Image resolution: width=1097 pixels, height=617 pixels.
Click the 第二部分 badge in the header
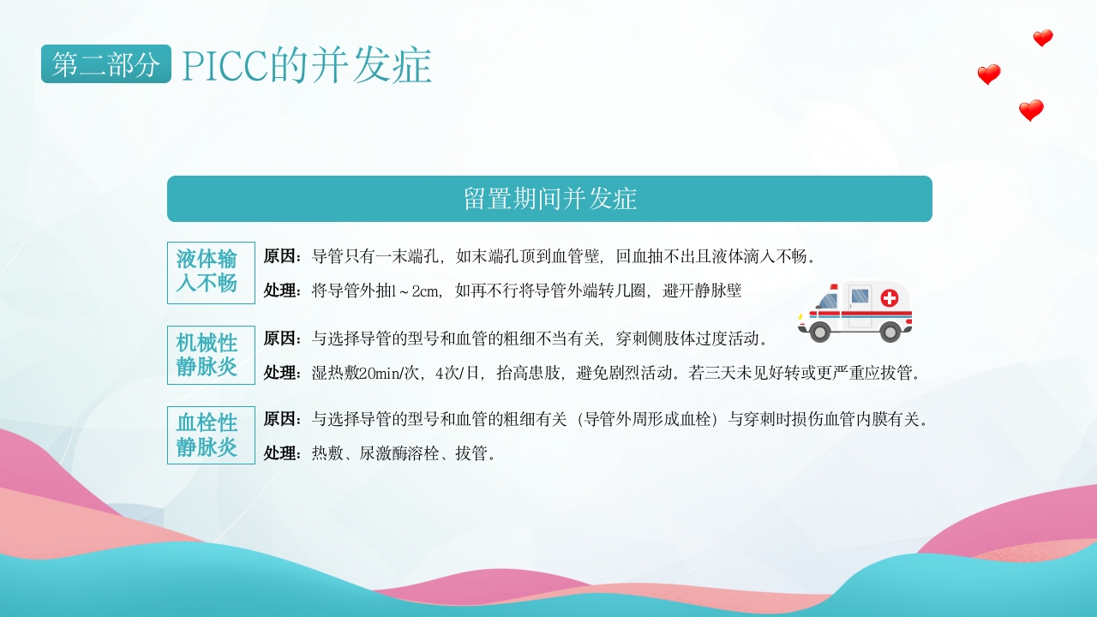point(105,64)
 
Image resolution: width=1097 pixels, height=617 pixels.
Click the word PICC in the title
point(225,66)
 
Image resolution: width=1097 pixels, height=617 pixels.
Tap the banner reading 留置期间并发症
point(549,199)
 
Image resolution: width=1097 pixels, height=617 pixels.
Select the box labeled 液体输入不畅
point(211,273)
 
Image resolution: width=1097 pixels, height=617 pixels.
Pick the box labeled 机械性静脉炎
point(211,355)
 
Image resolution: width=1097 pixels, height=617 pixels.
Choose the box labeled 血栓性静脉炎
point(211,435)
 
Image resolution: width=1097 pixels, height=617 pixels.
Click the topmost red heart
point(1042,39)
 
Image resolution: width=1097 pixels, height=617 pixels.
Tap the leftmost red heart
point(988,75)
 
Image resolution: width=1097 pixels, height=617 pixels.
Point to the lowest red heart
point(1031,111)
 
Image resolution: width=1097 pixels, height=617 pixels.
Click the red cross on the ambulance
point(890,298)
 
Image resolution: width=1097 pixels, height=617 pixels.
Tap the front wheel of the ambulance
point(820,332)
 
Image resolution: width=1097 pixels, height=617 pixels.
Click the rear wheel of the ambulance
point(890,332)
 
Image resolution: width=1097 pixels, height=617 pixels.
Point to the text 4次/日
point(460,374)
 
